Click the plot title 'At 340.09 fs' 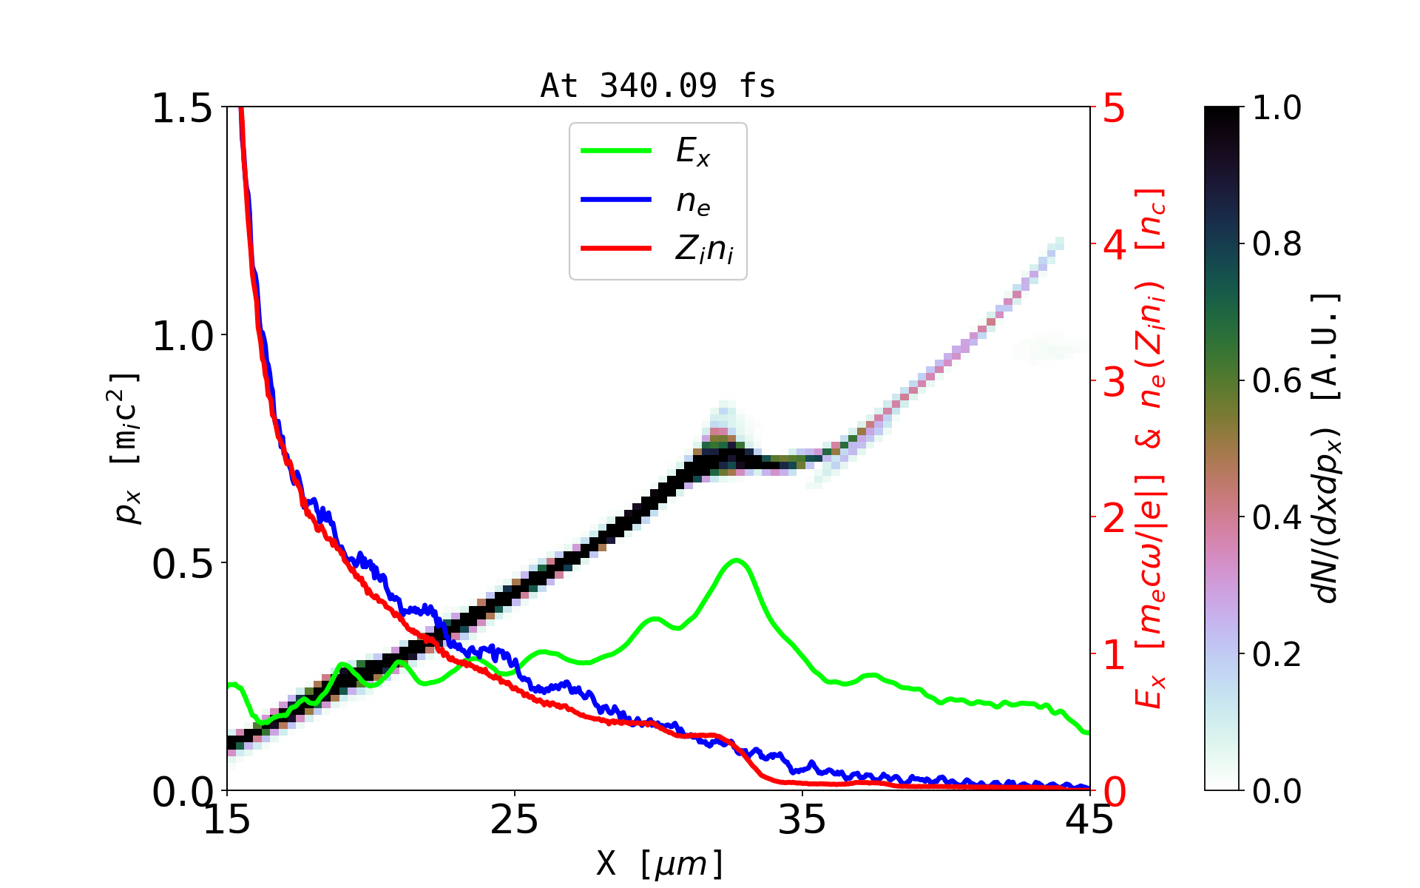tap(657, 86)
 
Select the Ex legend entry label tap(693, 152)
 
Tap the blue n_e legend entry tap(693, 201)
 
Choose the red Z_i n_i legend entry tap(704, 249)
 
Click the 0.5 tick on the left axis tap(181, 564)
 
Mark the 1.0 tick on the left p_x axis tap(181, 336)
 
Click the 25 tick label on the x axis tap(514, 820)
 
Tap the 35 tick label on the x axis tap(802, 820)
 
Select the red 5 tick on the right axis tap(1115, 108)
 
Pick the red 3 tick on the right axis tap(1115, 382)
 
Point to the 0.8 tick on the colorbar tap(1277, 244)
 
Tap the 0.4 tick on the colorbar tap(1277, 518)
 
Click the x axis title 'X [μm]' tap(660, 863)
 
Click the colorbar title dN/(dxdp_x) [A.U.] tap(1328, 448)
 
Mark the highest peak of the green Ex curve tap(736, 560)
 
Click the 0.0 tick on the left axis tap(181, 792)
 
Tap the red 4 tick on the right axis tap(1115, 245)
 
